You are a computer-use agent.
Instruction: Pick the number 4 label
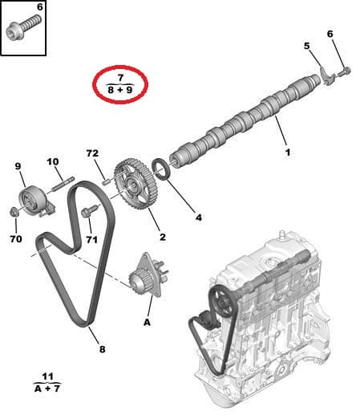pyautogui.click(x=200, y=216)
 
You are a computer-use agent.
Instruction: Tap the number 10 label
pyautogui.click(x=53, y=162)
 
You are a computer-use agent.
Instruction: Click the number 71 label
pyautogui.click(x=92, y=239)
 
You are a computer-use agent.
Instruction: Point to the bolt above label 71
pyautogui.click(x=88, y=211)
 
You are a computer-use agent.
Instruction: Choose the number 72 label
pyautogui.click(x=92, y=153)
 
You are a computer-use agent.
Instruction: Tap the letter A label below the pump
pyautogui.click(x=147, y=323)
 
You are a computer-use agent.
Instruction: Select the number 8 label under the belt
pyautogui.click(x=102, y=349)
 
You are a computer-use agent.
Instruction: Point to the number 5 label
pyautogui.click(x=305, y=46)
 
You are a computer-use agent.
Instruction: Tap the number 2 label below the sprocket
pyautogui.click(x=163, y=237)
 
